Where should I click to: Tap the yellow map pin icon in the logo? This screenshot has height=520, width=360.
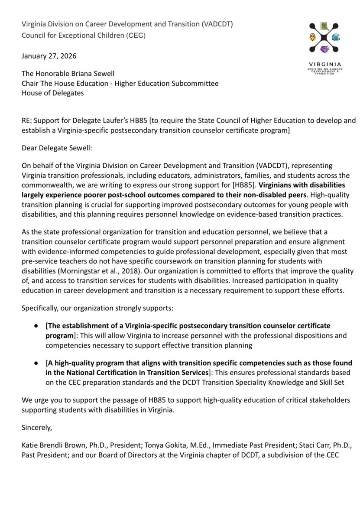[312, 37]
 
